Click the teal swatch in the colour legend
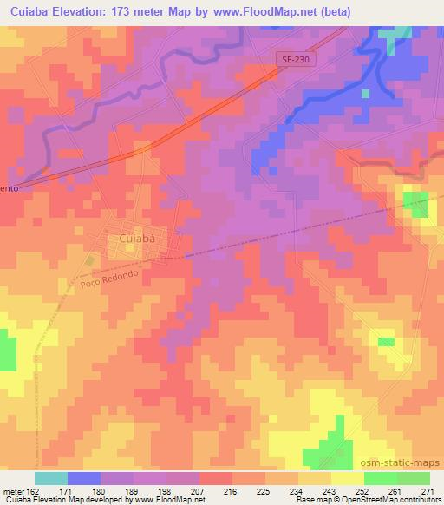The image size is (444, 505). click(51, 478)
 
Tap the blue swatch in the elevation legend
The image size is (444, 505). click(84, 478)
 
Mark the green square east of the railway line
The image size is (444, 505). click(416, 204)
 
